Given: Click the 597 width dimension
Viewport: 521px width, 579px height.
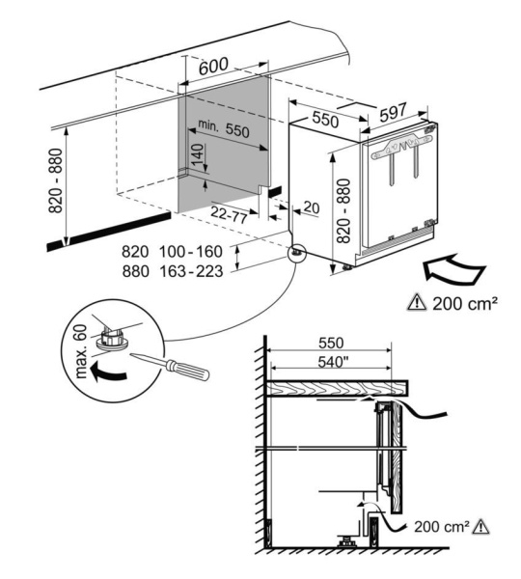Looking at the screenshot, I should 393,113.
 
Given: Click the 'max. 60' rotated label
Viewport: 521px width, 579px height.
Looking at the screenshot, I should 79,353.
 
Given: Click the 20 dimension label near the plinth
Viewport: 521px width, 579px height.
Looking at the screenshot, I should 310,206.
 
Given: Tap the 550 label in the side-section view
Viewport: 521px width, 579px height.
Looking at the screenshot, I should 330,343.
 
